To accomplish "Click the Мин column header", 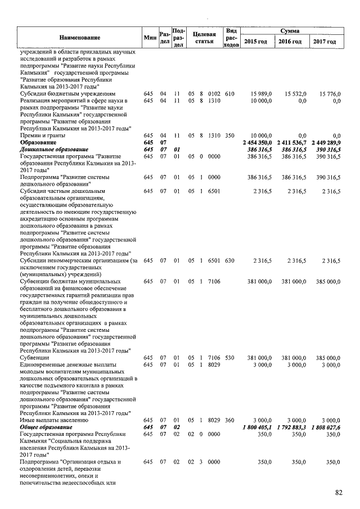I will pyautogui.click(x=149, y=37).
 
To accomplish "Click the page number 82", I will pyautogui.click(x=339, y=493).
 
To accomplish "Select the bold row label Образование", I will pyautogui.click(x=40, y=143).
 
